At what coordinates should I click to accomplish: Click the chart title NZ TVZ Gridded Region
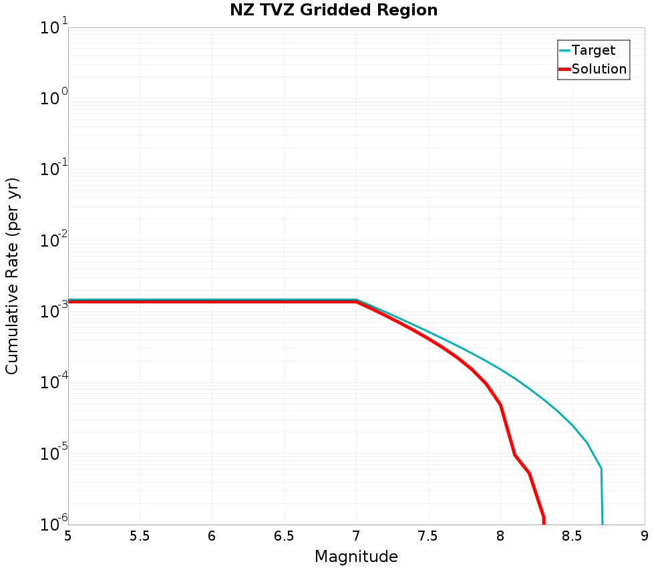pyautogui.click(x=333, y=10)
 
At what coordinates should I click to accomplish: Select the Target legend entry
pyautogui.click(x=593, y=50)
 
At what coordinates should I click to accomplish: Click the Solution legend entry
pyautogui.click(x=599, y=69)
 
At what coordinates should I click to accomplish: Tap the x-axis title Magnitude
pyautogui.click(x=356, y=557)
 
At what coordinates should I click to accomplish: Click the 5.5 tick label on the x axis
pyautogui.click(x=140, y=537)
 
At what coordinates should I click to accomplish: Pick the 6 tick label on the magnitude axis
pyautogui.click(x=212, y=537)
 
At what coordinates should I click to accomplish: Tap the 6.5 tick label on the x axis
pyautogui.click(x=284, y=537)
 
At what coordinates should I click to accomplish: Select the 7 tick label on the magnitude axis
pyautogui.click(x=356, y=537)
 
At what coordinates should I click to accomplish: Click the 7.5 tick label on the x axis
pyautogui.click(x=428, y=537)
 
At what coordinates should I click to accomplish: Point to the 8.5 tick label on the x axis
pyautogui.click(x=572, y=537)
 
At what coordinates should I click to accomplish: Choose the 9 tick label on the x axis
pyautogui.click(x=645, y=537)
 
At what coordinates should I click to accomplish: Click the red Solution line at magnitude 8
pyautogui.click(x=500, y=405)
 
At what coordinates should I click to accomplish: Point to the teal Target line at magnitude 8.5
pyautogui.click(x=572, y=425)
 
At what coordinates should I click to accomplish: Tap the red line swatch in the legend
pyautogui.click(x=564, y=69)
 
